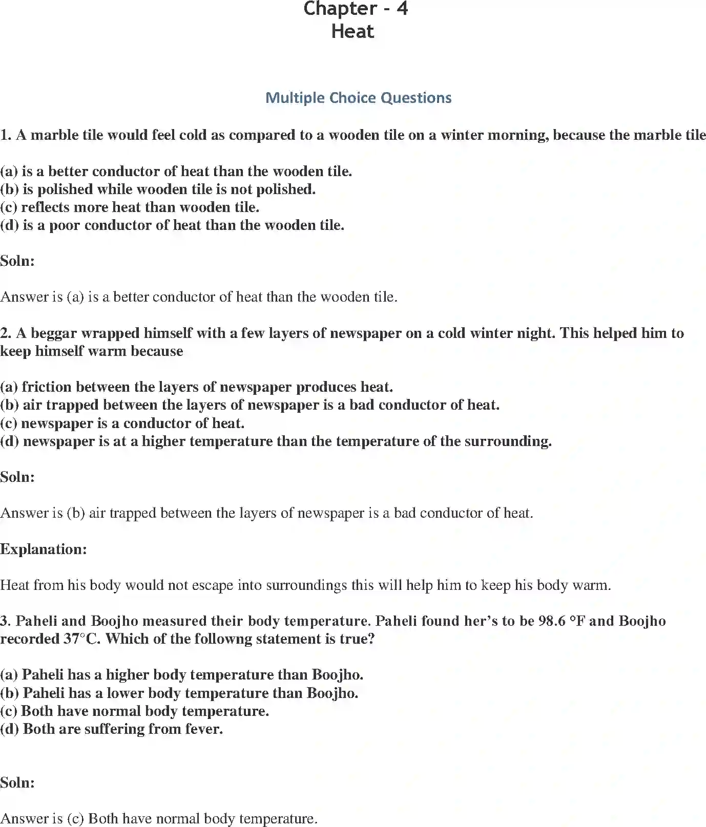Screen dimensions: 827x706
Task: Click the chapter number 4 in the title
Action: tap(402, 9)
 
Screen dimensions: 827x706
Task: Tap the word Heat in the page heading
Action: tap(352, 32)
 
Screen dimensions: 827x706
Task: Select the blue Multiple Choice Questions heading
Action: tap(358, 98)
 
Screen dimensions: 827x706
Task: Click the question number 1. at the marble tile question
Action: tap(6, 135)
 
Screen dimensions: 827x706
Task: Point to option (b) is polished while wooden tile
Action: tap(158, 189)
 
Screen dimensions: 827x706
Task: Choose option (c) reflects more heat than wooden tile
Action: tap(130, 207)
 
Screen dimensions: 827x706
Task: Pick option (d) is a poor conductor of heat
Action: tap(172, 225)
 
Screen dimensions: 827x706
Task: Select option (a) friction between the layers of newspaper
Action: tap(197, 387)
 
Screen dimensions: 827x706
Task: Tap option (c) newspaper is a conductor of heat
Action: tap(122, 423)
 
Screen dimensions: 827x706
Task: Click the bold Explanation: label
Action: tap(44, 549)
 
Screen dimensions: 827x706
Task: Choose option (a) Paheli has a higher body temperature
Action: tap(182, 675)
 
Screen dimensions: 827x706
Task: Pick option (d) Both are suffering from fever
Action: tap(112, 729)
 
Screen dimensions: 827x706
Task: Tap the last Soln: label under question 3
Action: tap(17, 783)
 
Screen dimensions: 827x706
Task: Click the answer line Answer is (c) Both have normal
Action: tap(159, 819)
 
